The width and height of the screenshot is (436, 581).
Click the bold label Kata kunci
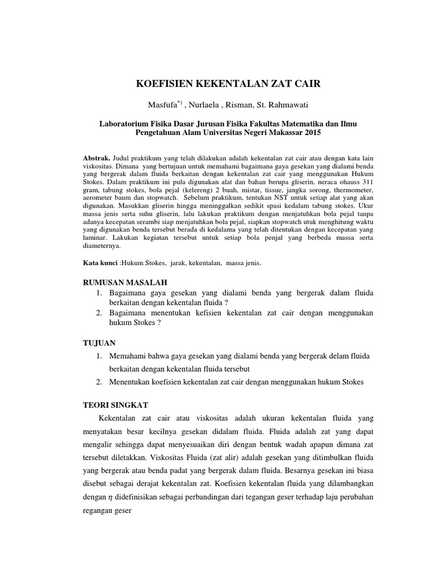(100, 264)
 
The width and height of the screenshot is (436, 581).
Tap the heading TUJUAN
(99, 343)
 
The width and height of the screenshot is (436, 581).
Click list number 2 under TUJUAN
(98, 382)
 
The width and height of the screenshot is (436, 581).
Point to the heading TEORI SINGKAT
(116, 405)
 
